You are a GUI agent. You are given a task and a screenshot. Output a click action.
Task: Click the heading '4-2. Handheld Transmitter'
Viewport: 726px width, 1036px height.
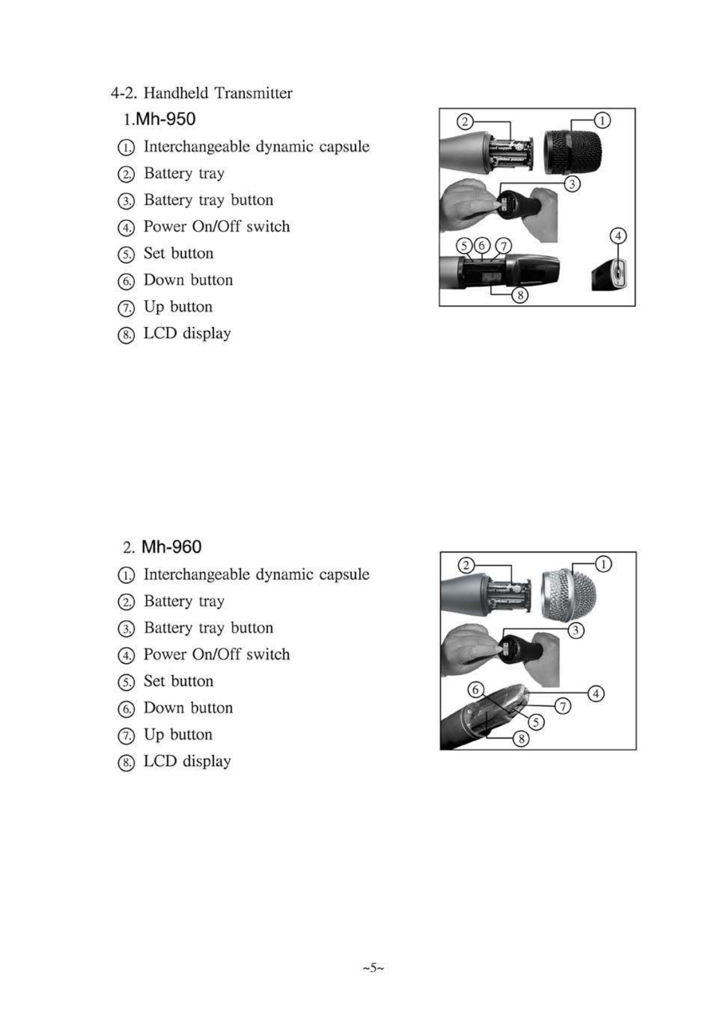pyautogui.click(x=201, y=93)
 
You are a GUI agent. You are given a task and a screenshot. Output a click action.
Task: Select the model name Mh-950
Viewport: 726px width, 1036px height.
pyautogui.click(x=166, y=119)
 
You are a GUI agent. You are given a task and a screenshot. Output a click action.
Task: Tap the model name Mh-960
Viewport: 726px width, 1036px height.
pyautogui.click(x=171, y=547)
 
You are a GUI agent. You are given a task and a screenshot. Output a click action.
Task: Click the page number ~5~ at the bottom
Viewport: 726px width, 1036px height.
pyautogui.click(x=373, y=967)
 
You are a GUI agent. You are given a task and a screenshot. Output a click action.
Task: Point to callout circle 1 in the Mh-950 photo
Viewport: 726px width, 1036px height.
pyautogui.click(x=603, y=120)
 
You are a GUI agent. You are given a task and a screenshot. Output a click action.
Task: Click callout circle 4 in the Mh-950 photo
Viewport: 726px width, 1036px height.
pyautogui.click(x=618, y=236)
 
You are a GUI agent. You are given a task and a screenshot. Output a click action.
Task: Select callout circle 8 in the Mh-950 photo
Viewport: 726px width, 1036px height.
pyautogui.click(x=519, y=294)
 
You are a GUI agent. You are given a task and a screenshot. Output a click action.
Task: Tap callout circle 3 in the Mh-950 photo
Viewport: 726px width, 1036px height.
pyautogui.click(x=572, y=184)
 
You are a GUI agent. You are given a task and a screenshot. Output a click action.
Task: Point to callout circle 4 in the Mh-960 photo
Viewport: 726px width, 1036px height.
pyautogui.click(x=596, y=694)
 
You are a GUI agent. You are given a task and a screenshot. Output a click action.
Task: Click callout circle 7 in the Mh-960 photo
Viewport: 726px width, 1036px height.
pyautogui.click(x=563, y=706)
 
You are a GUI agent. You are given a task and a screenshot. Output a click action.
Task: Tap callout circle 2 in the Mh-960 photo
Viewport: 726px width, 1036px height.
pyautogui.click(x=466, y=564)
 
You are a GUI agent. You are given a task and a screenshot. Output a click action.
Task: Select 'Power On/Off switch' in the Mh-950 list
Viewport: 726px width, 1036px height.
pyautogui.click(x=216, y=226)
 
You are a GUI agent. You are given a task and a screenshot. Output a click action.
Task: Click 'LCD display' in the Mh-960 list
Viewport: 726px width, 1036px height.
pyautogui.click(x=187, y=761)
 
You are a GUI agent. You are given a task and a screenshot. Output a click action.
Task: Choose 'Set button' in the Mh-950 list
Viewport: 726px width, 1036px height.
pyautogui.click(x=178, y=253)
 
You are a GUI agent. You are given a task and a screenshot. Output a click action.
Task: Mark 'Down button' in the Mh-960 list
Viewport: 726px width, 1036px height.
pyautogui.click(x=188, y=708)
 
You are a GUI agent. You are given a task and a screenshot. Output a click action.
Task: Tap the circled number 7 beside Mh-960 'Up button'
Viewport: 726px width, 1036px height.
pyautogui.click(x=126, y=735)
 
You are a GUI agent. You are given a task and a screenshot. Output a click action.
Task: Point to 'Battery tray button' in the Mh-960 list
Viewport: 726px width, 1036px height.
pyautogui.click(x=208, y=628)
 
